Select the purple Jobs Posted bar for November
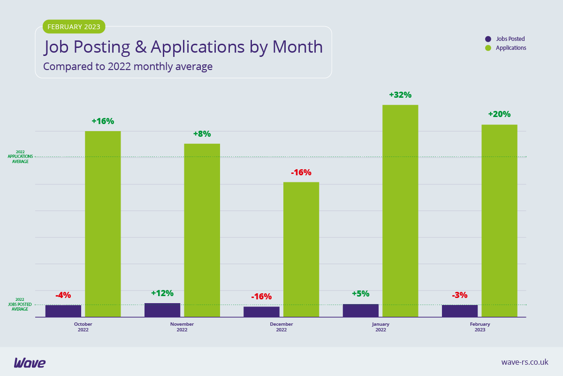162,310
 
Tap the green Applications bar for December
301,249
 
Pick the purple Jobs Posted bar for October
63,311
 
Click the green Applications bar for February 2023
499,221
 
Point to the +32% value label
400,95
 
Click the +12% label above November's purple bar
162,293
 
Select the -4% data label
63,295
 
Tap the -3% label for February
460,295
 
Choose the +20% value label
499,114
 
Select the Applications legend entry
507,48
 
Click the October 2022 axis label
83,327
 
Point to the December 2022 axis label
281,327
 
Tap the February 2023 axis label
480,327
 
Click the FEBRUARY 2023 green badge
74,27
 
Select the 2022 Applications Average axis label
20,157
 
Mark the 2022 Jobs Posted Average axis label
20,304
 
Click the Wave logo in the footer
30,362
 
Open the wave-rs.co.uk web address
525,362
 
